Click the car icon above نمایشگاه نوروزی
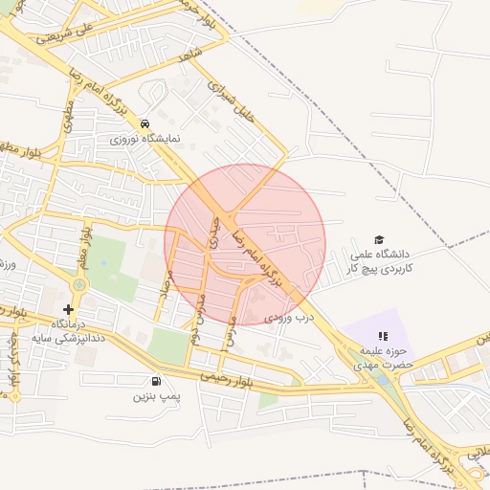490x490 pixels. (144, 123)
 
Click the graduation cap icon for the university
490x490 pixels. (379, 239)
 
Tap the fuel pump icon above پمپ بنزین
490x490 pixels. (156, 380)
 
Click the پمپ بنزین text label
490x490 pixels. (155, 394)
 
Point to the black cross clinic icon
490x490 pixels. (68, 309)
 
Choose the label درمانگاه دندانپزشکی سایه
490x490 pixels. (66, 331)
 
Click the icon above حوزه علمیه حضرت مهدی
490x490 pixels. (384, 336)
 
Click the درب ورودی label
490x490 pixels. (290, 315)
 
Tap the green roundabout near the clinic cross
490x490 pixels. (78, 284)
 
